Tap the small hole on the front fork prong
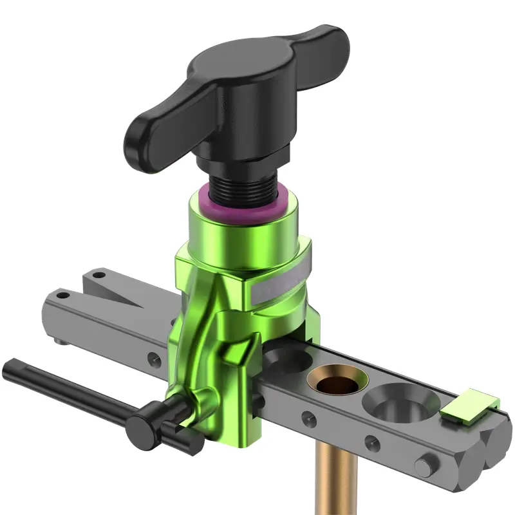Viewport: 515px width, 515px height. [x=62, y=295]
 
